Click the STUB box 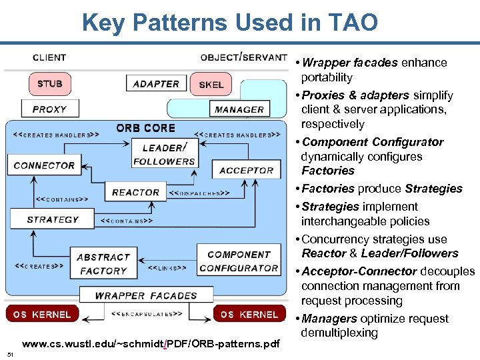[x=49, y=84]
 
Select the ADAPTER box [x=156, y=83]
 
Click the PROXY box [x=49, y=109]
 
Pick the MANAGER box [x=239, y=109]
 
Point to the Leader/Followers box [x=164, y=155]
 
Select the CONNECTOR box [x=44, y=165]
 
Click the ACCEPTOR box [x=246, y=171]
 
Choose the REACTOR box [x=135, y=193]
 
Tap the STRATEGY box [x=53, y=219]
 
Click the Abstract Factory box [x=103, y=264]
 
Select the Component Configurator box [x=239, y=261]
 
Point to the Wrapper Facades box [x=146, y=295]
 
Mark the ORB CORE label [x=145, y=128]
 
